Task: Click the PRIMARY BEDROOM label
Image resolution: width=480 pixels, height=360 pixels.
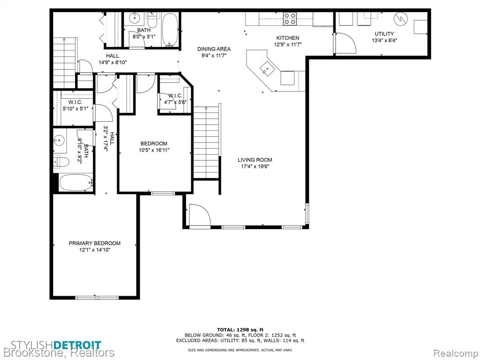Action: point(94,243)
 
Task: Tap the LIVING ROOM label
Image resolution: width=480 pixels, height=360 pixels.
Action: point(255,160)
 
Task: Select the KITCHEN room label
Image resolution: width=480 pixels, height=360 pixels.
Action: point(288,38)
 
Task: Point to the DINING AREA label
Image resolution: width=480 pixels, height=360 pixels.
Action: point(214,49)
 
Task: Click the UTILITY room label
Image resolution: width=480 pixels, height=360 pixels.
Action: point(384,34)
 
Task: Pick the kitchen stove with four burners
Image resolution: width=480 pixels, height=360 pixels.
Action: point(290,18)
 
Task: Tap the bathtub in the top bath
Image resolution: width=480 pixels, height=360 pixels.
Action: point(170,29)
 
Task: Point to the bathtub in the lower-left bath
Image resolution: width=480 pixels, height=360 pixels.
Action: point(76,182)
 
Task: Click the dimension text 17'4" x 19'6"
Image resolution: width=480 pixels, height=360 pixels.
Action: point(255,166)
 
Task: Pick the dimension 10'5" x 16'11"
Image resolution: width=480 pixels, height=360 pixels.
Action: point(154,150)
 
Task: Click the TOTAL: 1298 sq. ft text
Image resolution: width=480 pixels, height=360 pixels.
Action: point(240,330)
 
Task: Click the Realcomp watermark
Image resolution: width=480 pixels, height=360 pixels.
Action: point(456,353)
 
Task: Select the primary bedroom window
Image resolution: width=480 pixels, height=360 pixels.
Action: point(97,297)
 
